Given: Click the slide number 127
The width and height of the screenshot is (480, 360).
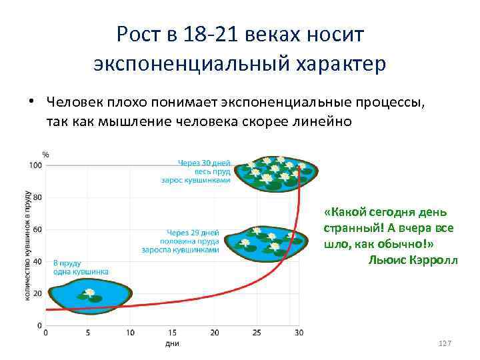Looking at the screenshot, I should point(445,343).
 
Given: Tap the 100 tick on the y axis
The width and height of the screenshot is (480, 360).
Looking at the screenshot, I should point(35,165).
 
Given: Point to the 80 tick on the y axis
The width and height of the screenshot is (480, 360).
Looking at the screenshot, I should point(37,197).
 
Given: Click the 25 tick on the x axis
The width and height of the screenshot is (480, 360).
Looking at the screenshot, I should point(257,333).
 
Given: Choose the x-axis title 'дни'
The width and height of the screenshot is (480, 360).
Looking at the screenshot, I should point(171,344).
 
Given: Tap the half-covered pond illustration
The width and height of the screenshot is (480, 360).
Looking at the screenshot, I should point(264,241).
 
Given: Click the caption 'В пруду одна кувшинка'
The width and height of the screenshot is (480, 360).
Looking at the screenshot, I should point(81,267).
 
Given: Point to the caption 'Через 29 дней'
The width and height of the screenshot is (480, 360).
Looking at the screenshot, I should point(190,231).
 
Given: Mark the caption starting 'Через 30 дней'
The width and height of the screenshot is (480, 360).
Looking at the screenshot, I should point(203,161).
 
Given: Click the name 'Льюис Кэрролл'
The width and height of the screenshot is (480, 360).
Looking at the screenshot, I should point(413,259).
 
